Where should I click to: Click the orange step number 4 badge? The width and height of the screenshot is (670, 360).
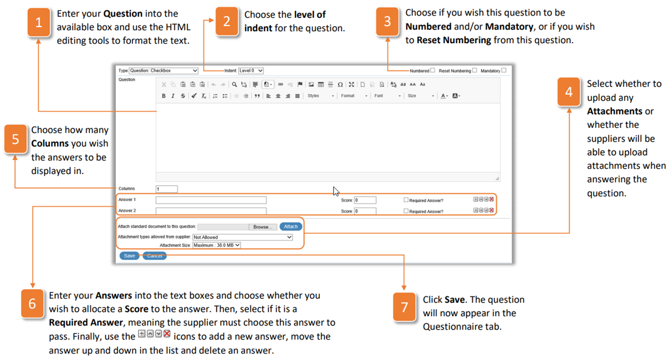[569, 91]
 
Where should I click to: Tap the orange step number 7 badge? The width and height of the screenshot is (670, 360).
[404, 306]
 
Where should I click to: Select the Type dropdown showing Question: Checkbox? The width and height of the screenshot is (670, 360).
[163, 71]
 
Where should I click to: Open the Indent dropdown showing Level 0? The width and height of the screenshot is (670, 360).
[250, 71]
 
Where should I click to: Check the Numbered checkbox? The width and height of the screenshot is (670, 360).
[433, 70]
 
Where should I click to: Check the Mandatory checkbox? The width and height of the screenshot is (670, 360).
[504, 70]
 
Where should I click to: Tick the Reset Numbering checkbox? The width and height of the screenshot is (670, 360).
[474, 70]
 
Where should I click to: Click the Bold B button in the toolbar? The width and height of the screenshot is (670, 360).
[163, 96]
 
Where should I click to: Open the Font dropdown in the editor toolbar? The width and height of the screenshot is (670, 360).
[387, 96]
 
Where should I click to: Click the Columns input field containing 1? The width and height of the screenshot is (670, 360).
[166, 189]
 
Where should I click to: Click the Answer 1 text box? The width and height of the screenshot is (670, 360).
[211, 200]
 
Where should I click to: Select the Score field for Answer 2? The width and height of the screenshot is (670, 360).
[365, 211]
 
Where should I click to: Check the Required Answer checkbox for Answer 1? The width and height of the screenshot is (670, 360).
[406, 200]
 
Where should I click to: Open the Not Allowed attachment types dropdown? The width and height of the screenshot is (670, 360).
[242, 237]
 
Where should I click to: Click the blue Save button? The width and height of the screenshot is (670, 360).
[129, 256]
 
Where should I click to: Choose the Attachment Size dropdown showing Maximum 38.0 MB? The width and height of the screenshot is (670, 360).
[216, 245]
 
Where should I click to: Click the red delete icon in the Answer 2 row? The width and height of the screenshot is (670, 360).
[492, 210]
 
